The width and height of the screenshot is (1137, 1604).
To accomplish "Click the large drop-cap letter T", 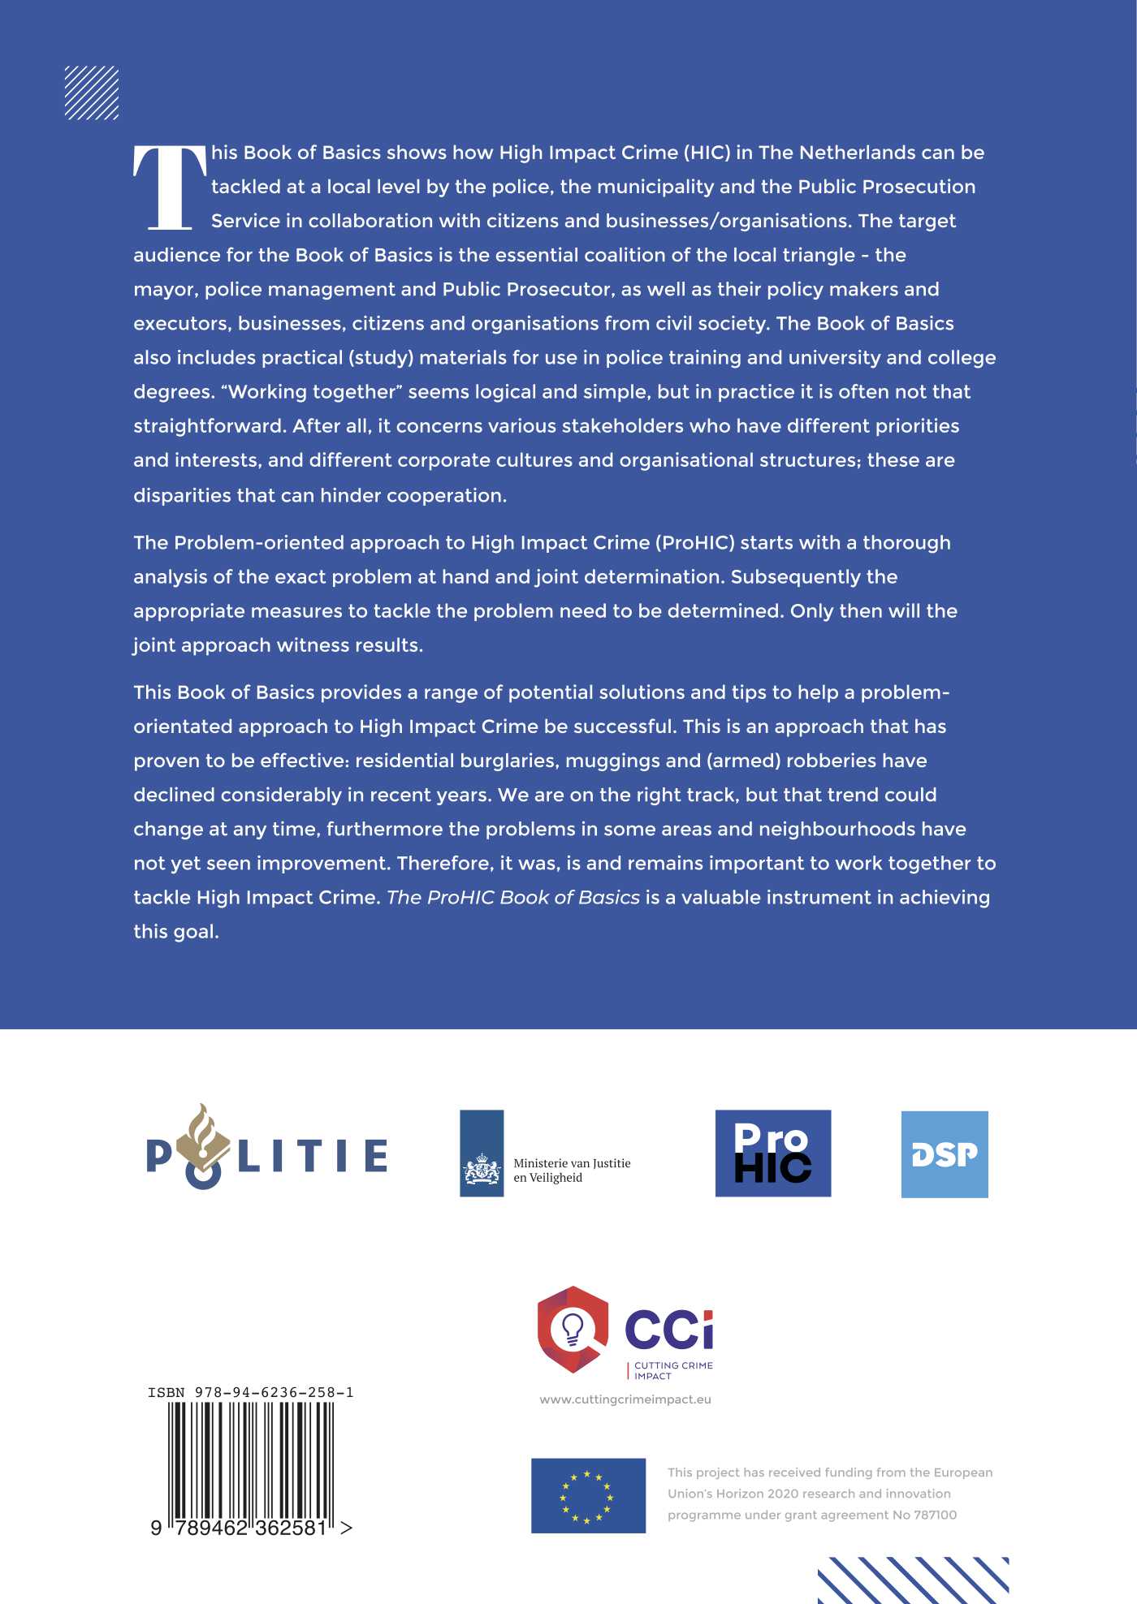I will pyautogui.click(x=170, y=188).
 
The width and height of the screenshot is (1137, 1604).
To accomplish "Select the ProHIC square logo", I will pyautogui.click(x=772, y=1153).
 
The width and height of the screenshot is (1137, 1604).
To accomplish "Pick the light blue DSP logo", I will pyautogui.click(x=945, y=1153).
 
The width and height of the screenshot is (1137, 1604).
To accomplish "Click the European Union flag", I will pyautogui.click(x=588, y=1495).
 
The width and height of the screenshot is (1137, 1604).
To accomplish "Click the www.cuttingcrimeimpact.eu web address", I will pyautogui.click(x=625, y=1399).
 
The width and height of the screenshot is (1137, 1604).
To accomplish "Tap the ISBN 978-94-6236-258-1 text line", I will pyautogui.click(x=250, y=1392).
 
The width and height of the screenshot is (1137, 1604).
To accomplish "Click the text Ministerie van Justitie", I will pyautogui.click(x=572, y=1163).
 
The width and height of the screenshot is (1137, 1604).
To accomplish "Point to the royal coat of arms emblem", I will pyautogui.click(x=482, y=1170).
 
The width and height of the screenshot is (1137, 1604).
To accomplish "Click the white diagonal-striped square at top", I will pyautogui.click(x=92, y=93).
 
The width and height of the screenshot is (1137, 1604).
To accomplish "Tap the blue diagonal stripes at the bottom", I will pyautogui.click(x=913, y=1580).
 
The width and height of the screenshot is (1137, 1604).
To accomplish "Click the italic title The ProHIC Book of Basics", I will pyautogui.click(x=513, y=897).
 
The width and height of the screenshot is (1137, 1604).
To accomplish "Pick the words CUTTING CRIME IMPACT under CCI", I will pyautogui.click(x=672, y=1370).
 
